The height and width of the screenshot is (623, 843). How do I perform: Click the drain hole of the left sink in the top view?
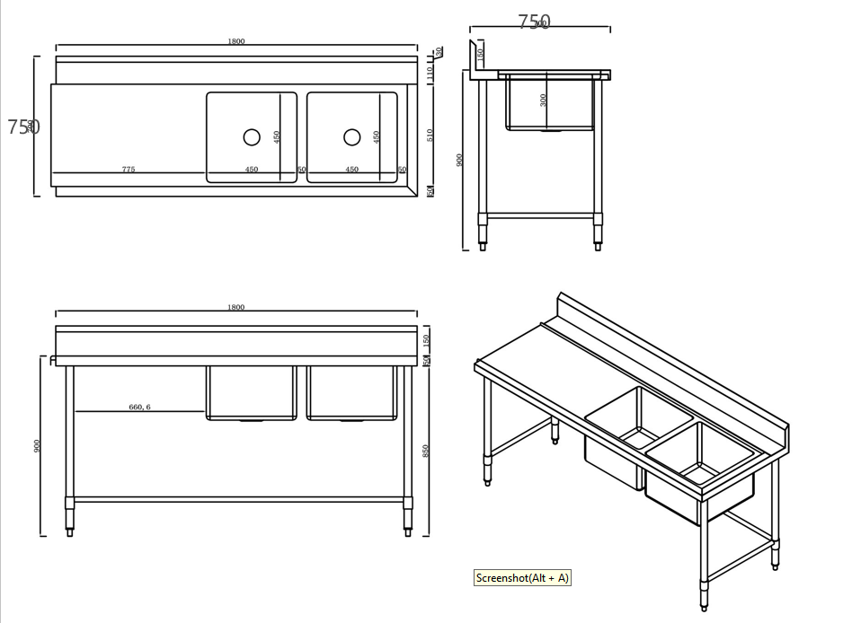point(252,136)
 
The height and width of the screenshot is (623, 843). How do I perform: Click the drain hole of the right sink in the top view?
point(352,136)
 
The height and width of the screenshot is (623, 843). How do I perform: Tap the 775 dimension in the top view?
point(129,169)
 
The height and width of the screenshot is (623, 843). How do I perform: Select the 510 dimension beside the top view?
point(430,135)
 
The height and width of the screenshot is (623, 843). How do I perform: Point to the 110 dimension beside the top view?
point(430,70)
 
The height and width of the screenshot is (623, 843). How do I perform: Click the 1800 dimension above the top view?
point(236,41)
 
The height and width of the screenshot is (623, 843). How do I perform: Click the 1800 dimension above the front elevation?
point(236,307)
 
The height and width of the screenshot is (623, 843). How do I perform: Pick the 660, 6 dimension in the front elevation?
point(139,407)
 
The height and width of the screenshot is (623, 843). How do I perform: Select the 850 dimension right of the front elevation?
point(426,451)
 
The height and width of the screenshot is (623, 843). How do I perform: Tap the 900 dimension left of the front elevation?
point(37,446)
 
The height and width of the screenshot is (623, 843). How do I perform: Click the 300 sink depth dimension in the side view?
point(543,100)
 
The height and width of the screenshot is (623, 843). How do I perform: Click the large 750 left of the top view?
point(23,127)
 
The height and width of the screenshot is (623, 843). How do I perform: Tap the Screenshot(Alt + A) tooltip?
point(522,578)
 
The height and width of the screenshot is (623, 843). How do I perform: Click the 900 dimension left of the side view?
point(459,160)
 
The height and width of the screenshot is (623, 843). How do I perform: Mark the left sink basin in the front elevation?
point(252,392)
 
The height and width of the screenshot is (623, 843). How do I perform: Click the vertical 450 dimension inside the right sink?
point(377,136)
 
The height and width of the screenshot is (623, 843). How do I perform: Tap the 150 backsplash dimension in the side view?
point(480,54)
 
